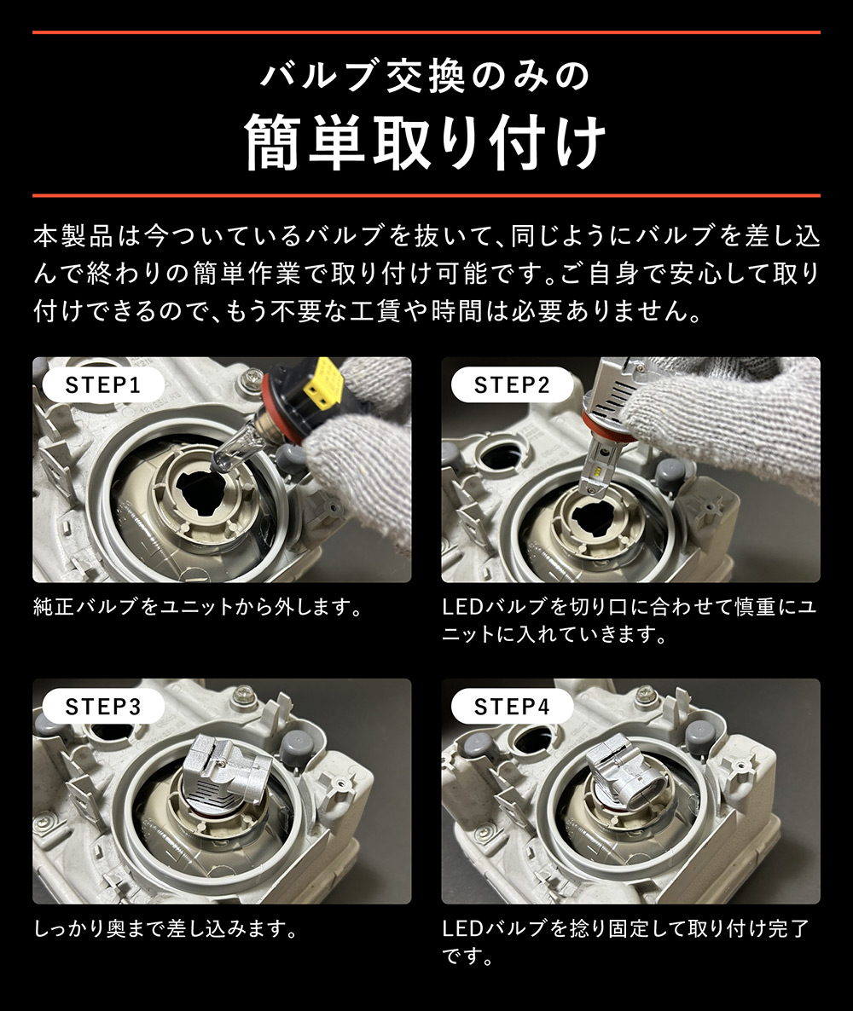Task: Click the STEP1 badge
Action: [102, 384]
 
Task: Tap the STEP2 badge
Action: [512, 384]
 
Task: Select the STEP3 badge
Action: [102, 706]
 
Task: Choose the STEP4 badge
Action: [512, 706]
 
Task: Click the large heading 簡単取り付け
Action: [426, 141]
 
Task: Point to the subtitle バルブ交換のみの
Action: [426, 77]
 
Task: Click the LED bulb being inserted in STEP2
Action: [610, 426]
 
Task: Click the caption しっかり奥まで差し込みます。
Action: [166, 928]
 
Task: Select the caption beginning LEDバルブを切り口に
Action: [630, 621]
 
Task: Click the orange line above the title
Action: [426, 32]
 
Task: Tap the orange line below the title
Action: [426, 195]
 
